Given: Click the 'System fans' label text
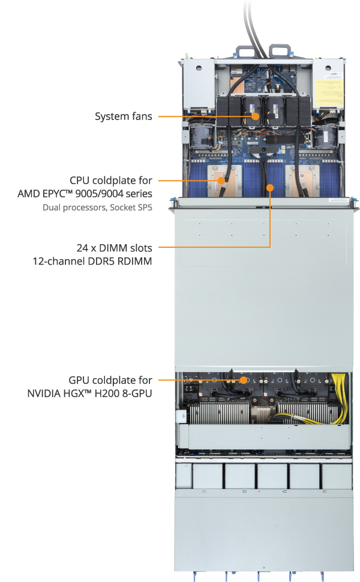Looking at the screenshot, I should (x=123, y=116).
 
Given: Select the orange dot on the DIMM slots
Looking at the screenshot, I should (x=271, y=187).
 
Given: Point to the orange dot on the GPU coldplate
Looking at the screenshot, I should (x=244, y=380).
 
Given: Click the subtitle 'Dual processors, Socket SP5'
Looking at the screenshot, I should (x=97, y=208).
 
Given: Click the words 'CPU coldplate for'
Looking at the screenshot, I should (x=110, y=180).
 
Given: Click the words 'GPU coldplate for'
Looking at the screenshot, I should (x=110, y=380).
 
